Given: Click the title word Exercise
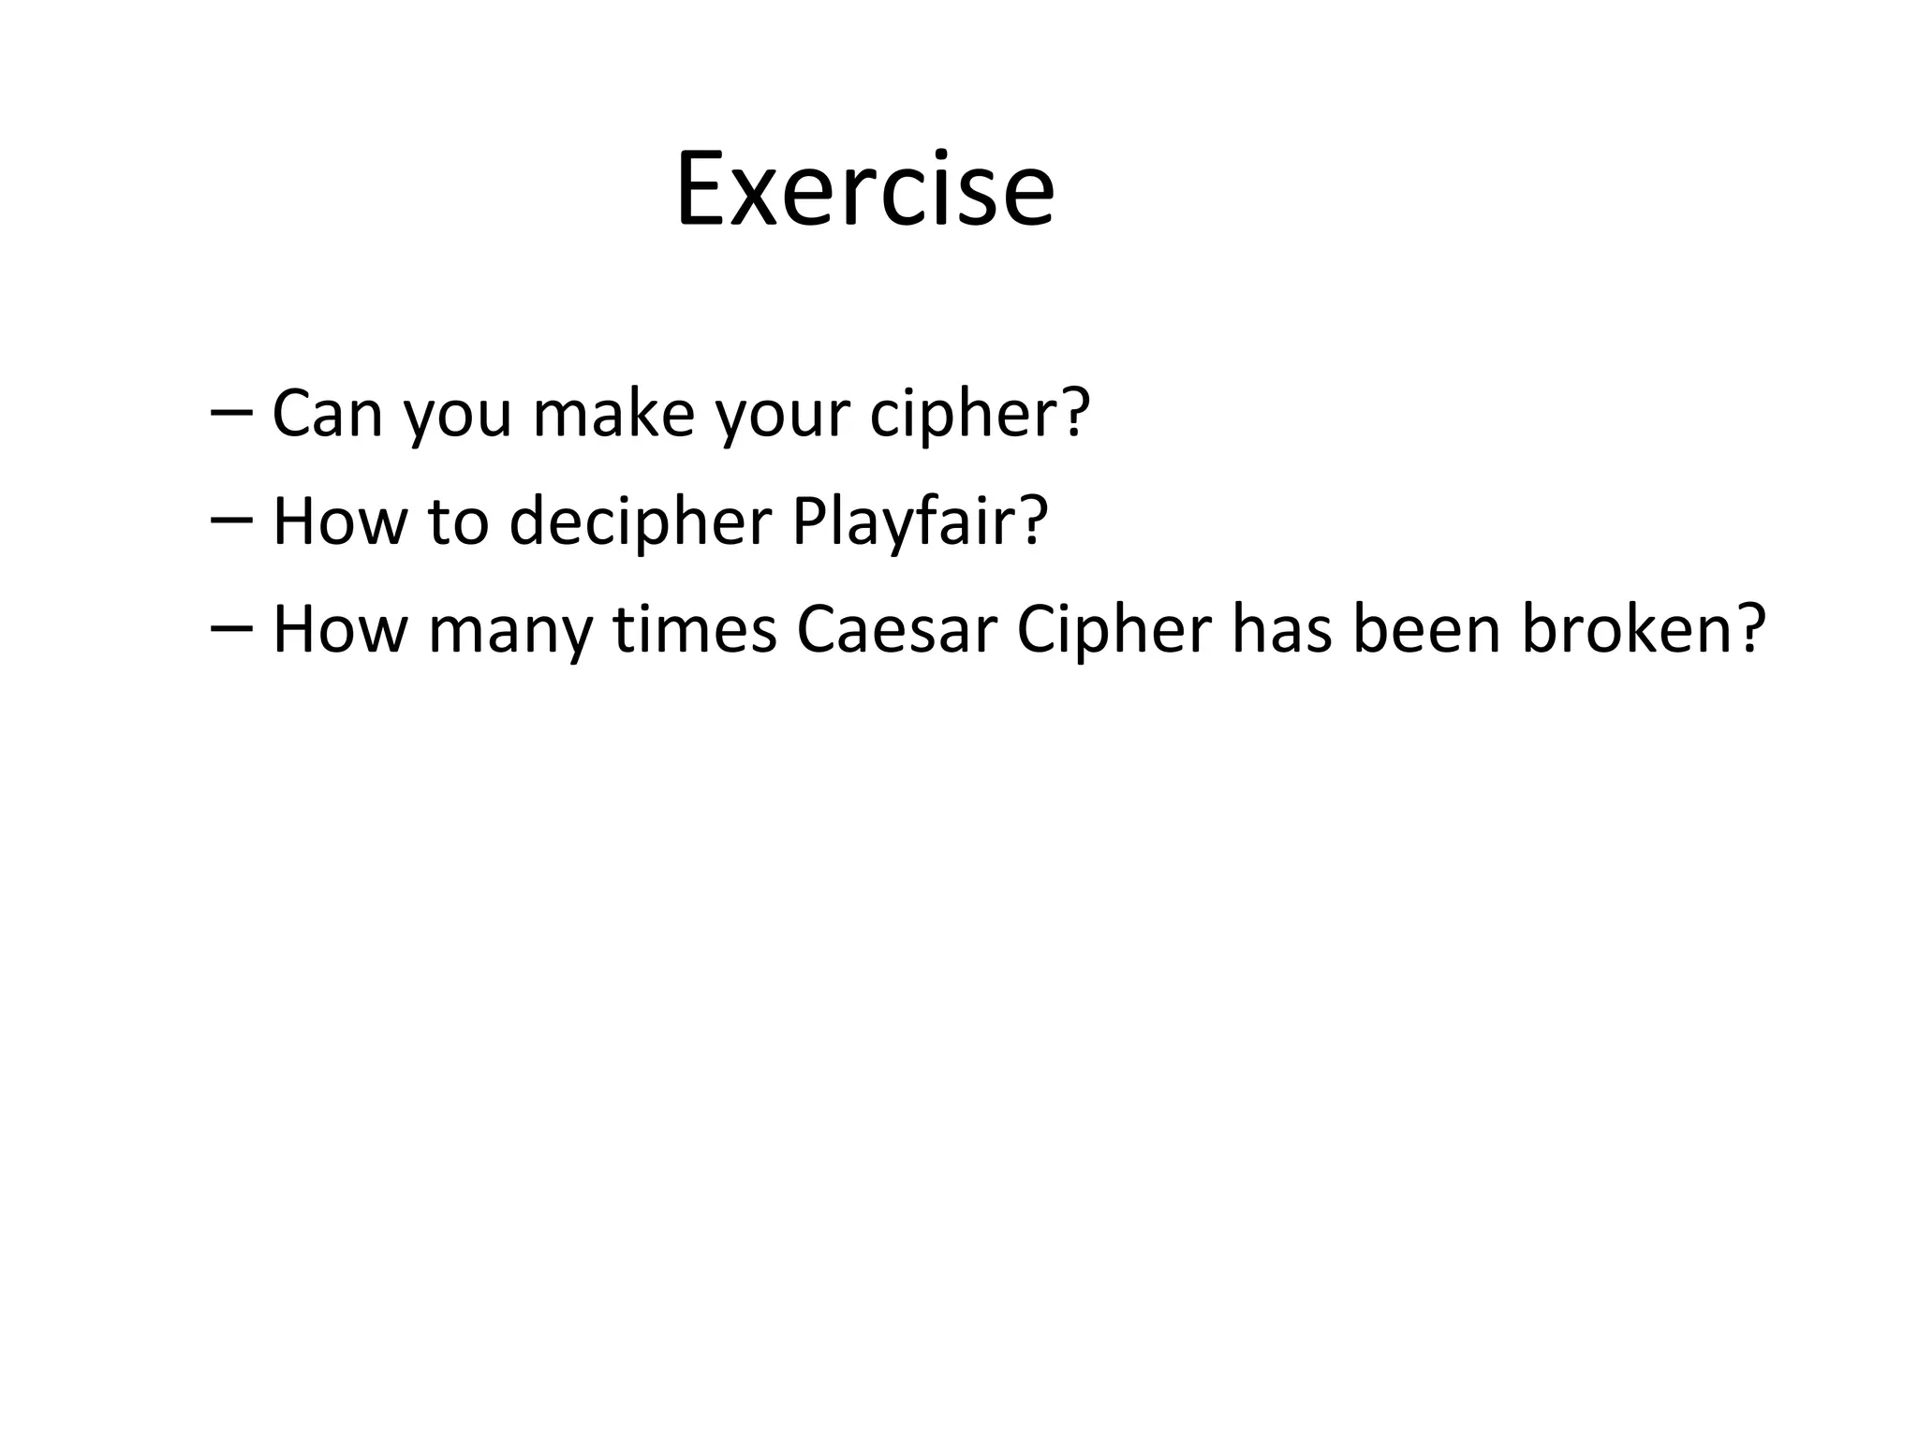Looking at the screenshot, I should (x=864, y=190).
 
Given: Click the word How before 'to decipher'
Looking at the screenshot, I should (x=340, y=521).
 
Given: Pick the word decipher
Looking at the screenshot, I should (x=640, y=522).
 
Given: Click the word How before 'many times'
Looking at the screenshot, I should (x=340, y=629).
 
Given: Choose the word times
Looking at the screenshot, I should (x=695, y=629).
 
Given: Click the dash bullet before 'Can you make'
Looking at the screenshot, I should (x=231, y=413).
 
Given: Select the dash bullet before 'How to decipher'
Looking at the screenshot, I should (x=231, y=521).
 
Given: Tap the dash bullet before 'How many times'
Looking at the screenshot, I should (x=231, y=630).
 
